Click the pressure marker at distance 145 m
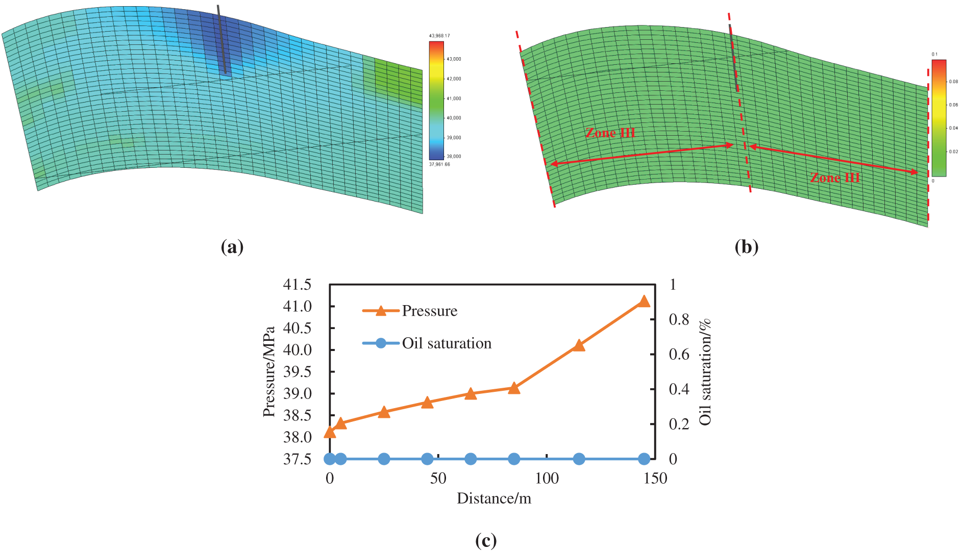point(644,301)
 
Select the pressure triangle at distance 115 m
point(579,345)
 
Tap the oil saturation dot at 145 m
point(644,459)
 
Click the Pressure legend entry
point(429,311)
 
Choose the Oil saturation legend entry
point(446,343)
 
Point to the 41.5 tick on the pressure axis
point(297,284)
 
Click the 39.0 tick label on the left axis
point(297,393)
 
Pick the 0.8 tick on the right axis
point(679,319)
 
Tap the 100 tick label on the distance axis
point(547,479)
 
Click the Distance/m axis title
point(493,498)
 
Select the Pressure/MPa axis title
point(269,371)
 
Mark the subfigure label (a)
point(232,247)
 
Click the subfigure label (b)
point(746,247)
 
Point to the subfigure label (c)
point(485,540)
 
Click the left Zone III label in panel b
point(610,133)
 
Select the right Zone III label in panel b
point(835,178)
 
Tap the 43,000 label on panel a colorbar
point(454,59)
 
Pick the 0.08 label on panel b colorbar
point(953,82)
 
